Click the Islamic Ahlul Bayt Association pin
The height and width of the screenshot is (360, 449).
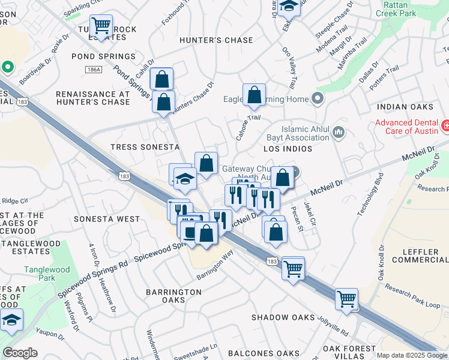click(338, 131)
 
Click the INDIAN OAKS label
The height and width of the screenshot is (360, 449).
click(405, 107)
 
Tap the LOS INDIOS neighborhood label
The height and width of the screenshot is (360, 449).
click(288, 148)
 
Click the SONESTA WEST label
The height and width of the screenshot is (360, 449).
click(107, 219)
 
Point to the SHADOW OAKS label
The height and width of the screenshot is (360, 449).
click(283, 317)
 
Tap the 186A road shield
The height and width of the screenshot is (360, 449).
click(94, 70)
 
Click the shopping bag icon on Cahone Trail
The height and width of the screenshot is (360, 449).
click(254, 95)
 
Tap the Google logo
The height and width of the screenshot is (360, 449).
click(20, 353)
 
